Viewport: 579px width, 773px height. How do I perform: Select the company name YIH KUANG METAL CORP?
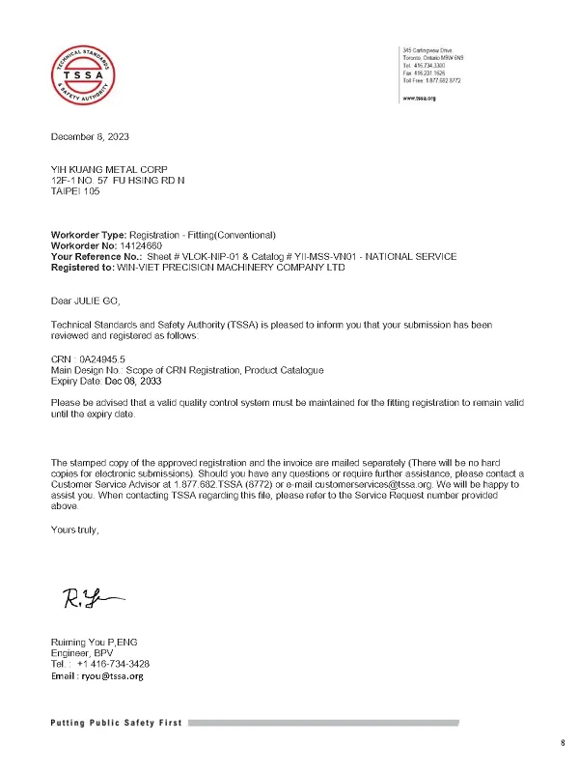(103, 169)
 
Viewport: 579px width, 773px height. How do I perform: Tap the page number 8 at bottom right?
(563, 742)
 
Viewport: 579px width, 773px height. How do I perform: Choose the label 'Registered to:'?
(83, 267)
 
